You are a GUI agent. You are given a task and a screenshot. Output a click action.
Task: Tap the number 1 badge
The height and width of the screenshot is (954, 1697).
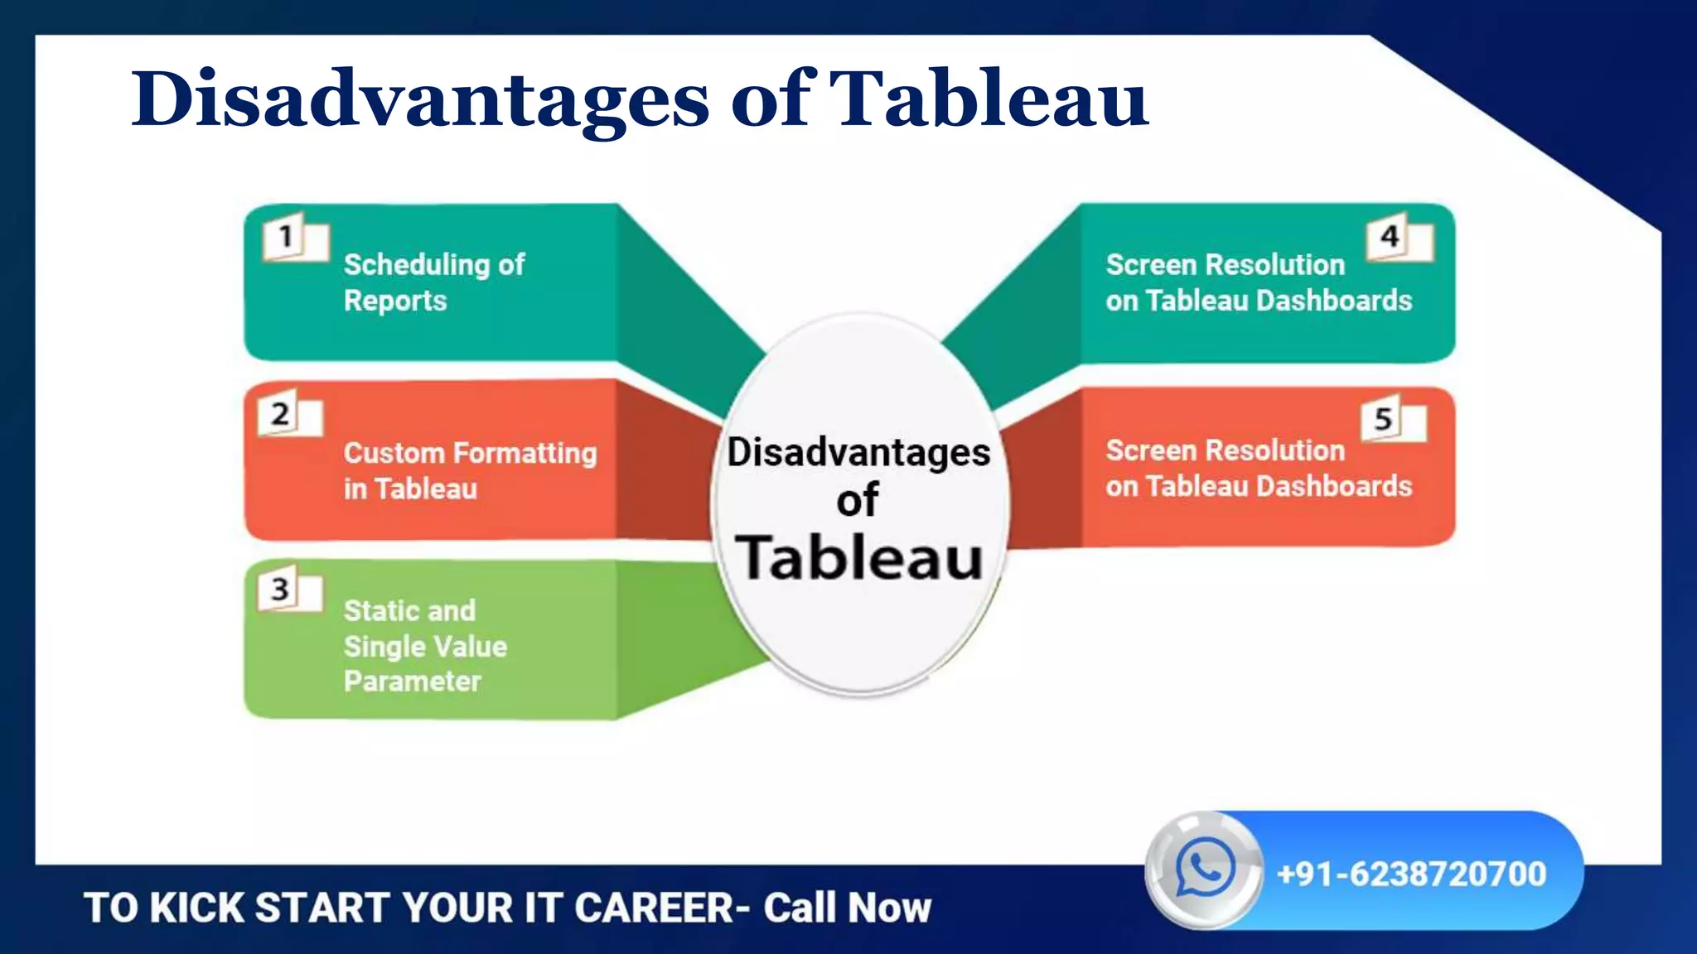(287, 238)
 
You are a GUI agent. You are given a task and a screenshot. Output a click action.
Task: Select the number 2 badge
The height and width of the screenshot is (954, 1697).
(280, 413)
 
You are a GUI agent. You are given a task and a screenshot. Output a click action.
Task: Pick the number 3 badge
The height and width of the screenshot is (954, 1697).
(280, 590)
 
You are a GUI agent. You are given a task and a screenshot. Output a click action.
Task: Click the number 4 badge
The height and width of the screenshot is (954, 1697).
(1389, 237)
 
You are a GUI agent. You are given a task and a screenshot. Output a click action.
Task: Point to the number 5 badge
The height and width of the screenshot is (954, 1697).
(1382, 419)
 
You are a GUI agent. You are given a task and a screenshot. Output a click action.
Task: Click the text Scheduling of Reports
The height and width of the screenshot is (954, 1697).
(434, 282)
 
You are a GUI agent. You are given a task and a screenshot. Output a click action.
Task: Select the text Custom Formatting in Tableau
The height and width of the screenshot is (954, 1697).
(469, 470)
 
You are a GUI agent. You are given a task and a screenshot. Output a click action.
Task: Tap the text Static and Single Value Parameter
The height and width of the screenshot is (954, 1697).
(424, 646)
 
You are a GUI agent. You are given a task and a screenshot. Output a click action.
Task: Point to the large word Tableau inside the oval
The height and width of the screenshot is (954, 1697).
(859, 557)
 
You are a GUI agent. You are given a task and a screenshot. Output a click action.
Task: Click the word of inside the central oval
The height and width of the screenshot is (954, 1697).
(857, 500)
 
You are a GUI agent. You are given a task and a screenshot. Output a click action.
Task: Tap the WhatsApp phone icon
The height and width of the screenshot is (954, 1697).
(1204, 866)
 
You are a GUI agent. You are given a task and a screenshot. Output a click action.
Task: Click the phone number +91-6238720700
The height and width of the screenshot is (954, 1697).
(1411, 874)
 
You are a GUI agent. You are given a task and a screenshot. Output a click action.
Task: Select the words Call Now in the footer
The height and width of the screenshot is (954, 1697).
(847, 908)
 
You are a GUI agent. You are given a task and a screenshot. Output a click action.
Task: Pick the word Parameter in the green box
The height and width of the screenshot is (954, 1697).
(412, 682)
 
